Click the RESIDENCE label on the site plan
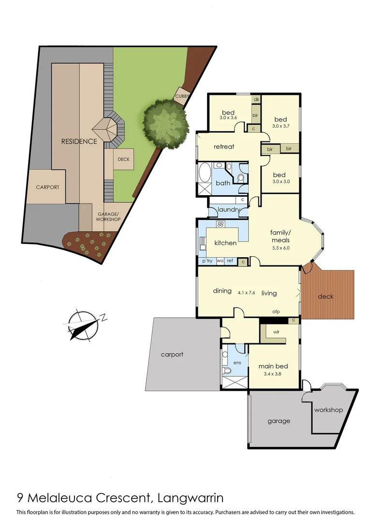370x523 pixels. point(79,141)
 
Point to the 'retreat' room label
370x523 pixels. point(224,146)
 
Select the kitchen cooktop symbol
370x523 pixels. point(220,224)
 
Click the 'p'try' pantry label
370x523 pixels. point(207,261)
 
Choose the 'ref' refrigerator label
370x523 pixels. point(230,261)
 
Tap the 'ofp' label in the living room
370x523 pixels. point(277,311)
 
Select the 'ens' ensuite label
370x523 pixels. point(237,362)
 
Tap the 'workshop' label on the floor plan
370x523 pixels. point(328,410)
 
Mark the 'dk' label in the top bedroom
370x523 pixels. point(256,99)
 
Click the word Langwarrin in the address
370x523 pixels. point(191,497)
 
